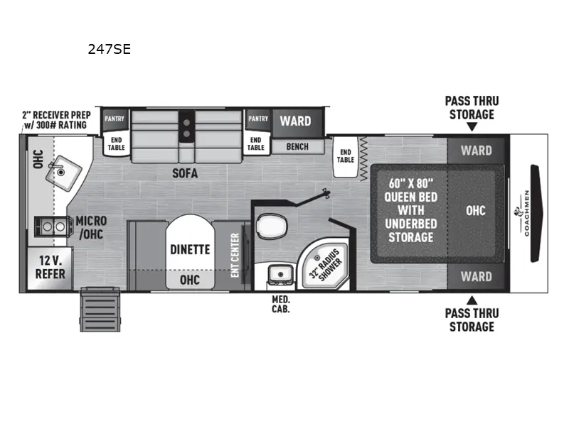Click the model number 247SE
tap(109, 50)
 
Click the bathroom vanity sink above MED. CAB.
tap(278, 274)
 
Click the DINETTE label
tap(189, 249)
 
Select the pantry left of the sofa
tap(115, 119)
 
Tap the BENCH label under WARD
tap(297, 146)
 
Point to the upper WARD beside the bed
tap(476, 151)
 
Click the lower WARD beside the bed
tap(476, 277)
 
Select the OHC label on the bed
tap(476, 211)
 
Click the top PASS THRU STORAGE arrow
tap(471, 127)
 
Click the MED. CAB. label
tap(280, 304)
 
